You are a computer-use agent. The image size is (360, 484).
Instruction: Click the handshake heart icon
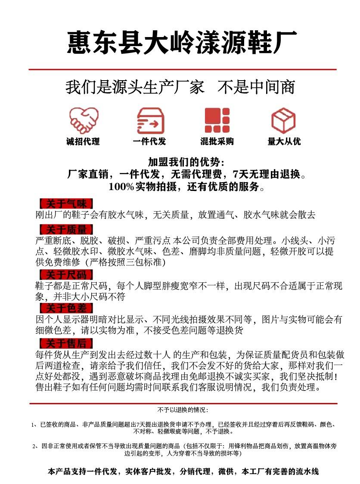[x=84, y=120]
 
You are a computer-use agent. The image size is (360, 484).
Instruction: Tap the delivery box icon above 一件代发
[x=150, y=120]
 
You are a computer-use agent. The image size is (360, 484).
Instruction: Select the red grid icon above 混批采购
[x=217, y=120]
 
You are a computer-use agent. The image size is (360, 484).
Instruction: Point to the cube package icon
[x=283, y=120]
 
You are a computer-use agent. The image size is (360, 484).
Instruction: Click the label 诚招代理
[x=83, y=141]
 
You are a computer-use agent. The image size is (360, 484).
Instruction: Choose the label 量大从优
[x=284, y=141]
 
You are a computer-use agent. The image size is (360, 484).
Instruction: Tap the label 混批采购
[x=217, y=141]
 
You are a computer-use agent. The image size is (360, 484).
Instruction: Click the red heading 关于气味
[x=66, y=204]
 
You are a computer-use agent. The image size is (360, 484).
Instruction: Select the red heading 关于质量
[x=66, y=229]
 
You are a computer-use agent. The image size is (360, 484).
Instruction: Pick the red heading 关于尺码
[x=66, y=275]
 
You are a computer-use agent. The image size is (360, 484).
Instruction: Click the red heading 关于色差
[x=66, y=308]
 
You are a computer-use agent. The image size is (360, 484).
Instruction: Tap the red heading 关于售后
[x=66, y=343]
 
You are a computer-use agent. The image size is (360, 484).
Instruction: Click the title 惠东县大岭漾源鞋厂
[x=182, y=42]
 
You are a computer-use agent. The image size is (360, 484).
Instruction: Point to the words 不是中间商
[x=257, y=87]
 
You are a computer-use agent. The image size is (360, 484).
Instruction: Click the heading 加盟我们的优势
[x=186, y=162]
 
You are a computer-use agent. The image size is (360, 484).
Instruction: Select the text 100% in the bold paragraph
[x=121, y=187]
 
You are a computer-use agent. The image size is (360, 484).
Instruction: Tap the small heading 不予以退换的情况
[x=183, y=409]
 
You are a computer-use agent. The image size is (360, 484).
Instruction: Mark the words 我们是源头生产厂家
[x=135, y=87]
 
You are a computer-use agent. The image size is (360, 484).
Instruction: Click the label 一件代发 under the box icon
[x=149, y=141]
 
